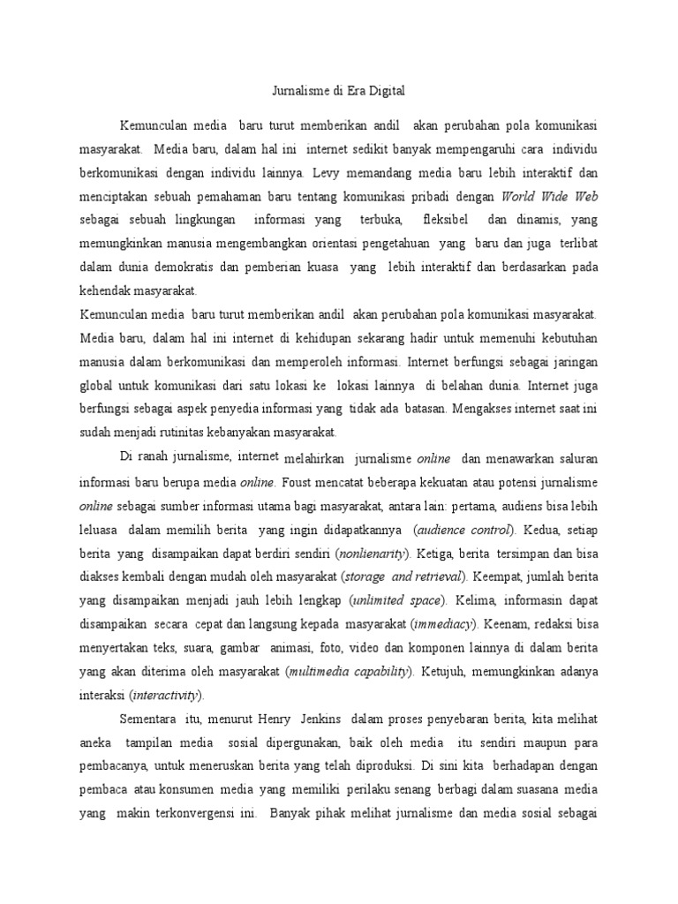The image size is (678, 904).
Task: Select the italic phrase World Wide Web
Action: [556, 196]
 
